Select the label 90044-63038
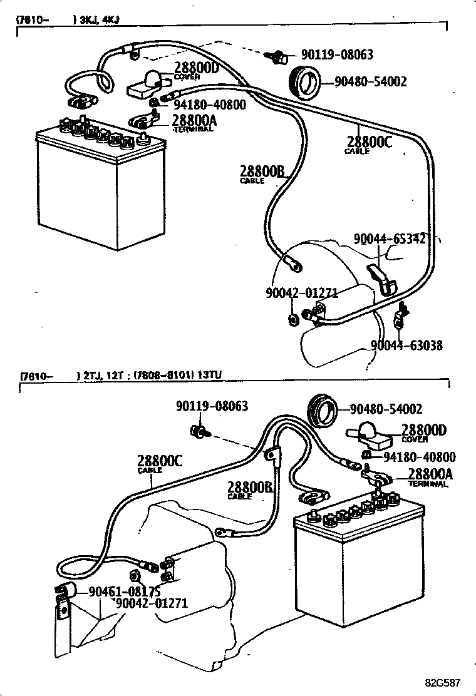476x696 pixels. pyautogui.click(x=406, y=345)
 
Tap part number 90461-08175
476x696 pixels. pyautogui.click(x=125, y=591)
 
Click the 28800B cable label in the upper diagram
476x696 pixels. pyautogui.click(x=262, y=171)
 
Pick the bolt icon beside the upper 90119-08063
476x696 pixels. pyautogui.click(x=276, y=57)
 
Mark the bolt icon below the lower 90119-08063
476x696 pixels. pyautogui.click(x=199, y=431)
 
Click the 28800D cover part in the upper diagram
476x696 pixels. pyautogui.click(x=148, y=84)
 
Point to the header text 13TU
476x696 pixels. pyautogui.click(x=211, y=376)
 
